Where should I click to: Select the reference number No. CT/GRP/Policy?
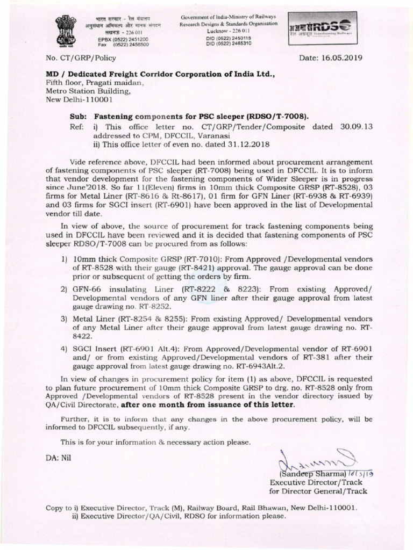pos(77,57)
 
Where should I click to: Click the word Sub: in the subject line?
pos(79,116)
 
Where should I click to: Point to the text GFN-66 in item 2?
pos(88,288)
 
